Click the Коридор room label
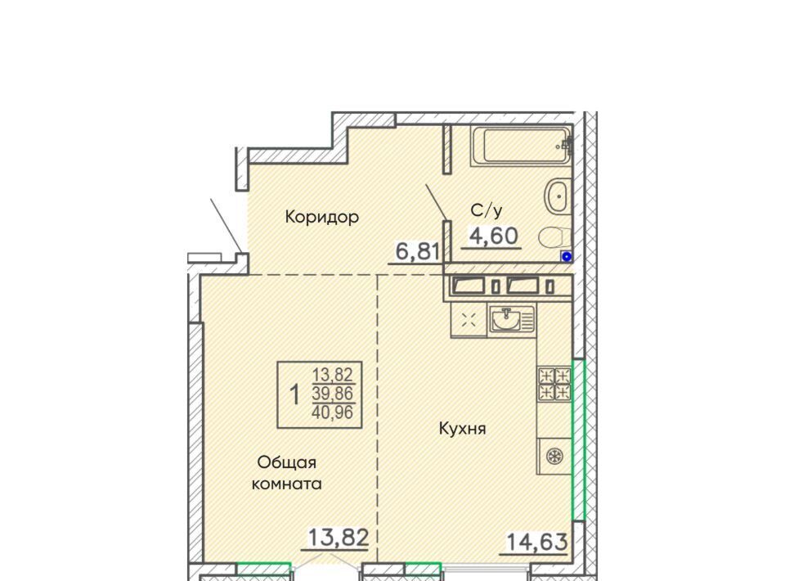(x=322, y=217)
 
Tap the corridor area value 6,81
(x=418, y=251)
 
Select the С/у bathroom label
(x=487, y=210)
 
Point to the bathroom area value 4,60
(x=493, y=236)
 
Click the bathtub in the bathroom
(x=521, y=146)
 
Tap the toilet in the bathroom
(x=554, y=237)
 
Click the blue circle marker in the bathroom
(x=567, y=257)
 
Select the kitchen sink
(x=512, y=319)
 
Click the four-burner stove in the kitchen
(x=554, y=384)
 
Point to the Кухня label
(x=462, y=429)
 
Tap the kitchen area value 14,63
(x=537, y=542)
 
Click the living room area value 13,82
(x=339, y=538)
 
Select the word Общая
(x=286, y=463)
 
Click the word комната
(x=286, y=484)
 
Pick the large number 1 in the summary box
(x=294, y=394)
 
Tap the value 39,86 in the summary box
(x=333, y=393)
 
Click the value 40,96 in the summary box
(x=333, y=412)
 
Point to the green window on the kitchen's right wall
(x=579, y=439)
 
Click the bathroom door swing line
(x=436, y=202)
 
